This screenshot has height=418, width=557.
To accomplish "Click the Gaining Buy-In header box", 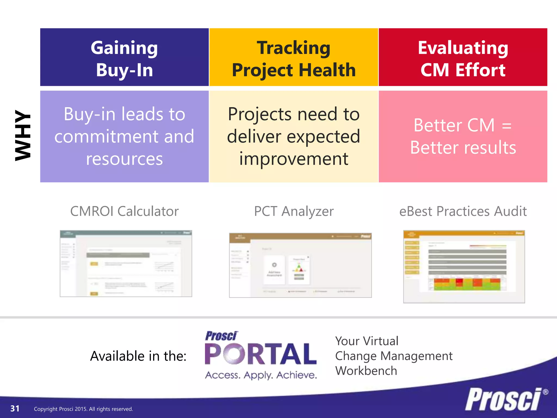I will click(124, 57).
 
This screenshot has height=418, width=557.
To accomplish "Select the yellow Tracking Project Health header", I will click(293, 57).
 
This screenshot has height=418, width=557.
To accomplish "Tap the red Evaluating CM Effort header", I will click(463, 57).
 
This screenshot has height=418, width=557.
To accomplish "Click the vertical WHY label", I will click(23, 135).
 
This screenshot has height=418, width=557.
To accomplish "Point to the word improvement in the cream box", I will click(293, 159).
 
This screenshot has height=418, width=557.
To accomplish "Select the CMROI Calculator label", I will click(124, 211).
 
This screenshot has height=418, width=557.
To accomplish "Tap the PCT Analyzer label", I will click(294, 211).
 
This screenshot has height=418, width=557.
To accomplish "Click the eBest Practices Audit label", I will click(463, 211).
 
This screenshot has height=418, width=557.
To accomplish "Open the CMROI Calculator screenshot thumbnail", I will click(126, 263).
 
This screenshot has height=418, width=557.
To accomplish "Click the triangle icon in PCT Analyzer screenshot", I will click(299, 268).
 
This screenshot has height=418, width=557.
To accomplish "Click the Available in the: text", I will click(138, 356).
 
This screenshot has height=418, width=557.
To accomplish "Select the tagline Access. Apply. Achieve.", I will click(261, 375).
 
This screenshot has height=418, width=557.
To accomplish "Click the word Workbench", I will click(366, 371).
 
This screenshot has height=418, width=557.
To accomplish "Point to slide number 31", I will click(15, 408).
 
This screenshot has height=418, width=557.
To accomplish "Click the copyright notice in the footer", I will click(83, 409).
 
